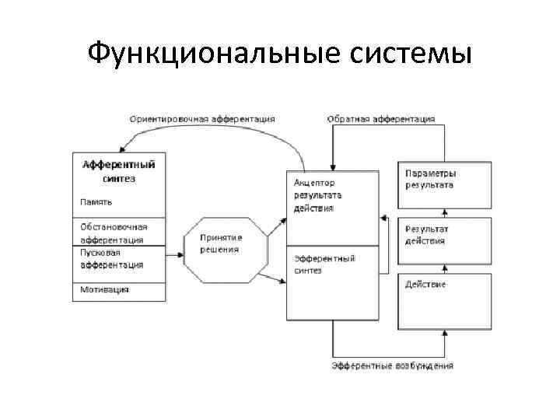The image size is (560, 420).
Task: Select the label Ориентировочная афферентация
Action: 201,119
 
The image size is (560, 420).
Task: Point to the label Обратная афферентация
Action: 380,119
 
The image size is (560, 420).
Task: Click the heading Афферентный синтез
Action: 119,171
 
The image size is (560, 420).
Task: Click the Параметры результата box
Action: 445,184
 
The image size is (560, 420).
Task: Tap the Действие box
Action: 445,296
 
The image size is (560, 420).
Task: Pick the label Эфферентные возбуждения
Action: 392,365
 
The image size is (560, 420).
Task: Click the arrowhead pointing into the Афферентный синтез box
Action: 121,150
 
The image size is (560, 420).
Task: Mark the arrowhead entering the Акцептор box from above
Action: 333,166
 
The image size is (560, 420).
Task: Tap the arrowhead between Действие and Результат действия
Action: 445,268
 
